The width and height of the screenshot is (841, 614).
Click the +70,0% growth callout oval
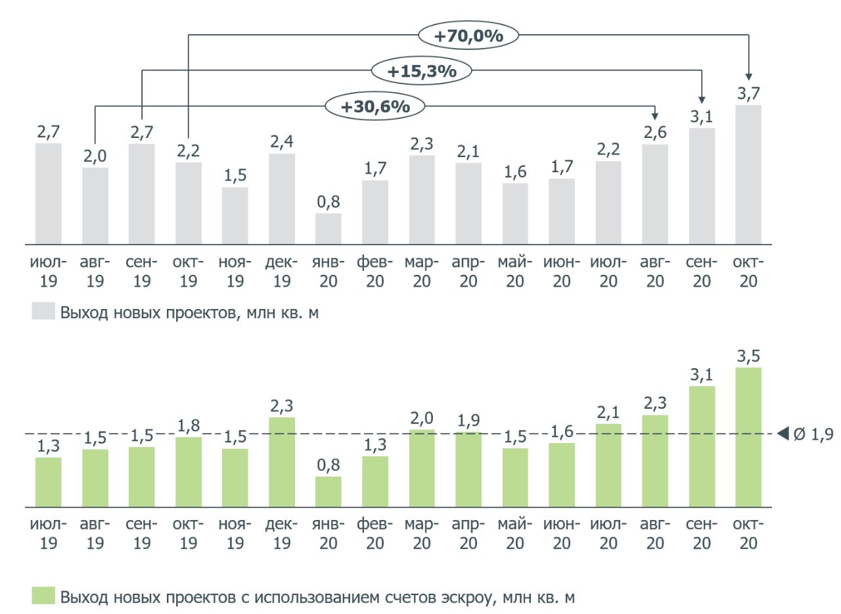[x=468, y=35]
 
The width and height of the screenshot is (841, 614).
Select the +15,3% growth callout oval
[x=421, y=71]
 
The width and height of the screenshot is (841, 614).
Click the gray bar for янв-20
[x=328, y=229]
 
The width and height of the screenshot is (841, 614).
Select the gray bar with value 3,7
[x=748, y=175]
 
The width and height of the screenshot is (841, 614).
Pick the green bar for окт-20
[x=748, y=437]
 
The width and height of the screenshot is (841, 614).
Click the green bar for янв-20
[x=328, y=491]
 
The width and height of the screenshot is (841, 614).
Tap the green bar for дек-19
[x=281, y=461]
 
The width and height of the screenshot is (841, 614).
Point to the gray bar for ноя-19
[x=235, y=216]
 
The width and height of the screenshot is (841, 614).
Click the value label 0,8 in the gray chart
[x=328, y=202]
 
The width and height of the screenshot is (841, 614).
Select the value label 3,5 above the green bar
[x=748, y=356]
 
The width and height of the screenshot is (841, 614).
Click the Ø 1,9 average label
[x=813, y=434]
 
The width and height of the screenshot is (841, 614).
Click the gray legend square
[x=42, y=312]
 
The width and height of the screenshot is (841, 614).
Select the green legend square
[x=42, y=597]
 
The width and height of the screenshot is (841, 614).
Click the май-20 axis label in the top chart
[x=515, y=272]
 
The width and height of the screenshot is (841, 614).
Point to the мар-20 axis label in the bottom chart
[x=421, y=534]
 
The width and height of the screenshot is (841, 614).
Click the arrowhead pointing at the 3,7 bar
[x=748, y=76]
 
